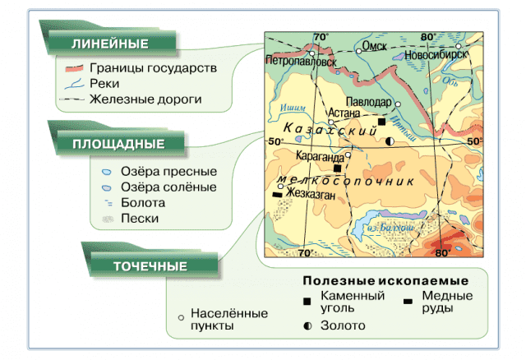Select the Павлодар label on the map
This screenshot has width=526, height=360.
368,101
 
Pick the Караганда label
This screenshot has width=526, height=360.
320,154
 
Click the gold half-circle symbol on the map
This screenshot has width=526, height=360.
390,141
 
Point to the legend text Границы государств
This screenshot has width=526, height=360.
152,68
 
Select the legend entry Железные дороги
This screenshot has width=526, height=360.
146,99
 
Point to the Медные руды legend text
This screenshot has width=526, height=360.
446,302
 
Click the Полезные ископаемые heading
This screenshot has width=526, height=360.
379,280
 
